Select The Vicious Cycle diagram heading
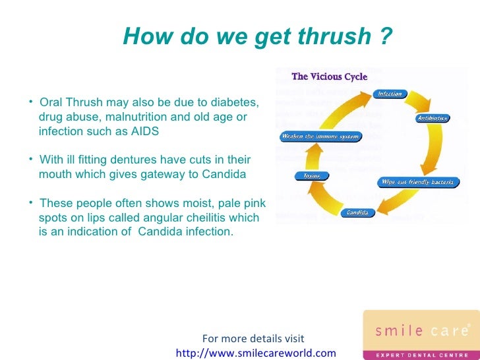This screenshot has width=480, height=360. point(330,76)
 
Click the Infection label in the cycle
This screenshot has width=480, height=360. point(390,94)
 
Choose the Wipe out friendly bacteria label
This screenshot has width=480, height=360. point(419,182)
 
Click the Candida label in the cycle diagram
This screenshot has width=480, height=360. point(359,213)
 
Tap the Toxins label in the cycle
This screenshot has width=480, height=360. point(312,175)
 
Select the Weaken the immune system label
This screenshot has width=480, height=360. point(320,136)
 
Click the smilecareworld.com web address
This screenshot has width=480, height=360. point(256,353)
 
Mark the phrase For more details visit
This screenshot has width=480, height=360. point(253,339)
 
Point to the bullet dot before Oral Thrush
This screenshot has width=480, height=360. point(32,102)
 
